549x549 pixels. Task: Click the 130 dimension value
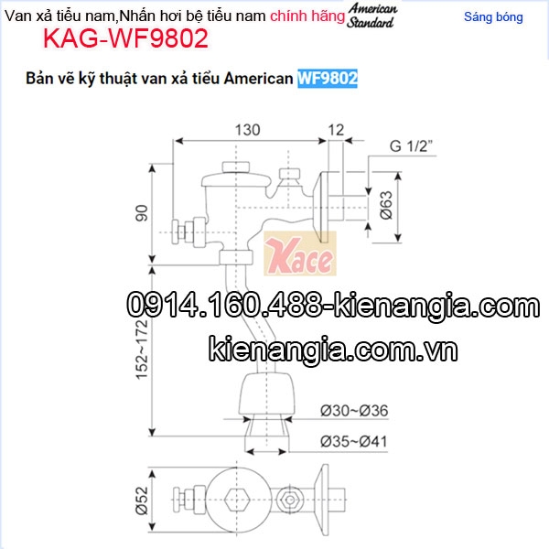point(247,130)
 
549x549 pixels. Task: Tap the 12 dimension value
point(336,130)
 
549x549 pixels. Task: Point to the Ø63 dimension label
point(386,206)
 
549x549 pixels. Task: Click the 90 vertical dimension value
point(142,213)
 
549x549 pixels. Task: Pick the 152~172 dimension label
point(142,350)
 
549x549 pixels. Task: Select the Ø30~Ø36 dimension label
point(354,411)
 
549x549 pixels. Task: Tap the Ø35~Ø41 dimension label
point(354,442)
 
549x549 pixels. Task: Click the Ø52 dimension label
point(142,501)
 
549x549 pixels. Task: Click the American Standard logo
point(371,16)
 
